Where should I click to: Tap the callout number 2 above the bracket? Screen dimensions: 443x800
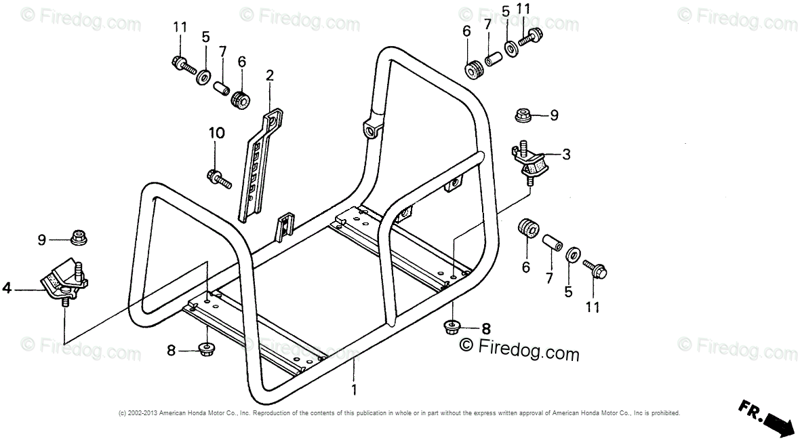click(270, 75)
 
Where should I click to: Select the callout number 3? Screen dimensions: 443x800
click(566, 154)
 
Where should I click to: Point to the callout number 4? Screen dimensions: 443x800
click(7, 288)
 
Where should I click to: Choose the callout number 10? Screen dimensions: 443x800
click(216, 133)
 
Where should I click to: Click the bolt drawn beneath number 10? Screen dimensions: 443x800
click(219, 179)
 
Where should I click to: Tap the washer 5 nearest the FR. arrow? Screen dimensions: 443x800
click(572, 255)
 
